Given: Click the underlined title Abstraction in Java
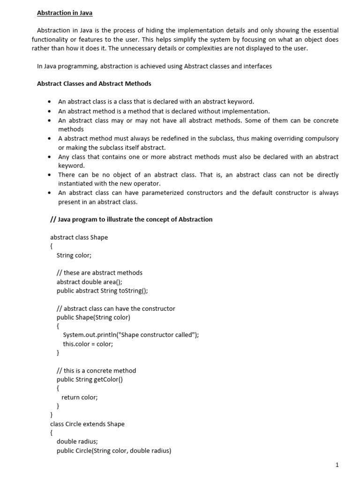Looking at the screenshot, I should pyautogui.click(x=65, y=13).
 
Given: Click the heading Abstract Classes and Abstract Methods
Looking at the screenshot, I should pyautogui.click(x=94, y=84).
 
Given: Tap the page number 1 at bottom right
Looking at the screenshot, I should pyautogui.click(x=337, y=465).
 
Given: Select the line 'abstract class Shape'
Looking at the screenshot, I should pyautogui.click(x=79, y=237).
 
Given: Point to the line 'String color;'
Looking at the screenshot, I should pyautogui.click(x=74, y=255).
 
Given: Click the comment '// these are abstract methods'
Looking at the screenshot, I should pyautogui.click(x=99, y=273).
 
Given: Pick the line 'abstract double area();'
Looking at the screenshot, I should pyautogui.click(x=89, y=282).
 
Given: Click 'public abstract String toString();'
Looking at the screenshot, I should pyautogui.click(x=102, y=291).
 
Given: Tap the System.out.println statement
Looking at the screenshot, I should pyautogui.click(x=131, y=335).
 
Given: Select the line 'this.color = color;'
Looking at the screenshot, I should pyautogui.click(x=88, y=344).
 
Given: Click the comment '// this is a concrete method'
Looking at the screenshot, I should pyautogui.click(x=96, y=370).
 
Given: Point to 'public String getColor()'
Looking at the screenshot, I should pyautogui.click(x=90, y=379).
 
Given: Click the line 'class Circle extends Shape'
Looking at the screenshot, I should pyautogui.click(x=87, y=424).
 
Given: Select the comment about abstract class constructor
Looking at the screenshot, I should pyautogui.click(x=116, y=308).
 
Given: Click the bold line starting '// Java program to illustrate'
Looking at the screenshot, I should pyautogui.click(x=131, y=219).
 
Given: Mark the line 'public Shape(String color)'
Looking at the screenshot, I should pyautogui.click(x=93, y=317).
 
